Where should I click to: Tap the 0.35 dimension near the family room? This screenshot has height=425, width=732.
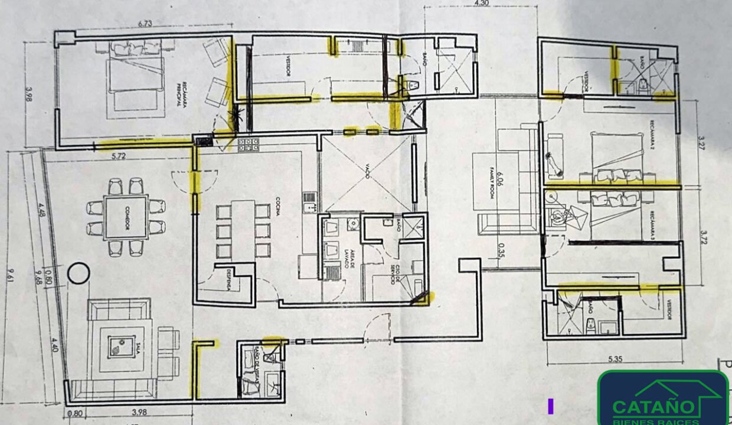[502, 251]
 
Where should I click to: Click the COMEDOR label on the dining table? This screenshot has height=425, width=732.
[126, 217]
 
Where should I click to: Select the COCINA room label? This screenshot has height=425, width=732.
[276, 211]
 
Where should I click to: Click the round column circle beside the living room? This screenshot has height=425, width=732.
[78, 274]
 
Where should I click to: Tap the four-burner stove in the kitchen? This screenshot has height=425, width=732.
[249, 144]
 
